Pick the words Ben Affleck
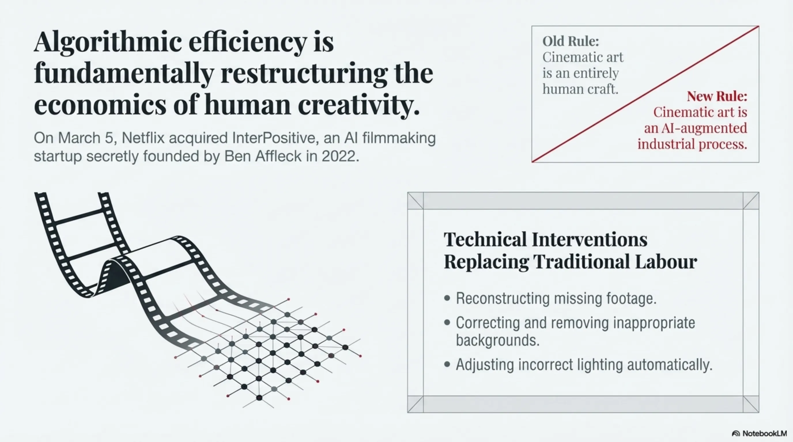coord(263,156)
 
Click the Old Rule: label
coord(571,41)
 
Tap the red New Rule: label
coord(717,96)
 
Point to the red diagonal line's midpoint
coord(645,94)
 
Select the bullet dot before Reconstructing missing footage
coord(447,298)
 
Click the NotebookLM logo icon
coord(736,433)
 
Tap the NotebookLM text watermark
coord(764,433)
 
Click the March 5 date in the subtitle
coord(86,138)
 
